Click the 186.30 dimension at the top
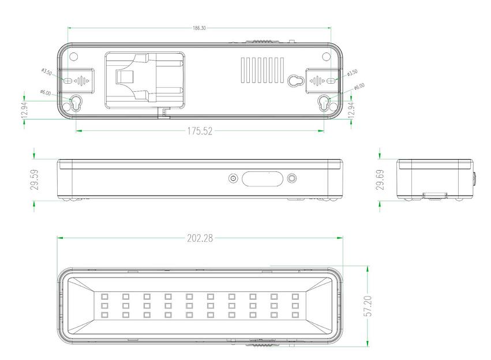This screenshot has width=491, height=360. (x=198, y=28)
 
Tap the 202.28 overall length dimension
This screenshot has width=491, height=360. (x=200, y=238)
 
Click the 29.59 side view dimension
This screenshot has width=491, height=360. (x=35, y=179)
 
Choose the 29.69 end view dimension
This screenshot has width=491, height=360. (x=379, y=179)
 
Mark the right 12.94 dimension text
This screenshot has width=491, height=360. (x=352, y=106)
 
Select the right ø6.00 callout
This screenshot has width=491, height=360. (x=359, y=86)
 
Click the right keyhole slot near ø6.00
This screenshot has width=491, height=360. (x=325, y=103)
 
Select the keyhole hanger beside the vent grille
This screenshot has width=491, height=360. (x=295, y=80)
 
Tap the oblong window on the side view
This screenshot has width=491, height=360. (x=263, y=179)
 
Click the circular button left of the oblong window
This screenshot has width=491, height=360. (x=233, y=179)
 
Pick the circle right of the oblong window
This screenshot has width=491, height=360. (x=293, y=179)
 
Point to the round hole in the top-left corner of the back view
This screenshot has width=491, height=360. (x=73, y=57)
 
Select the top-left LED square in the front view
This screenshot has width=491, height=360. (x=104, y=296)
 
